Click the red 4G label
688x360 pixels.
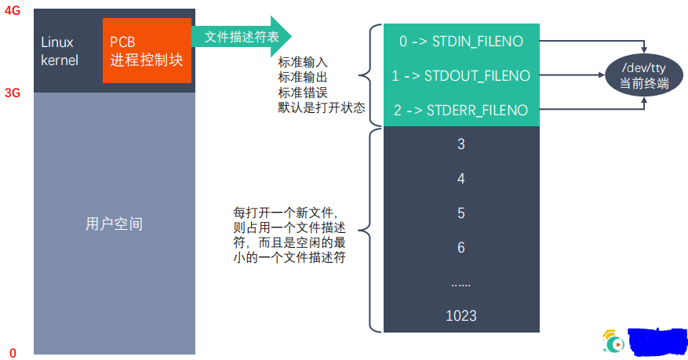(x=13, y=11)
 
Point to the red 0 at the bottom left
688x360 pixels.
(x=13, y=352)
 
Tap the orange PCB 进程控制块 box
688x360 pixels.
(x=147, y=51)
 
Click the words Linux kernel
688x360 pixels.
(x=60, y=50)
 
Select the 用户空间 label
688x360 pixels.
(x=114, y=224)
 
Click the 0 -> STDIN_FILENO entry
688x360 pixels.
(x=460, y=42)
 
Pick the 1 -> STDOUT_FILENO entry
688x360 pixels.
(x=460, y=76)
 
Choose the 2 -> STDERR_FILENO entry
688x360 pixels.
(x=460, y=110)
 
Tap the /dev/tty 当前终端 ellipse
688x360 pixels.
(x=639, y=76)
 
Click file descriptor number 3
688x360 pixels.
(x=460, y=144)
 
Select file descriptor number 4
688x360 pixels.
(x=460, y=179)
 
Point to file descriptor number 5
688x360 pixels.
(x=460, y=213)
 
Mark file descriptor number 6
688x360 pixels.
(x=460, y=248)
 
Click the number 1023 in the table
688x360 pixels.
(x=460, y=316)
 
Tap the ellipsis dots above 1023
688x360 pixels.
(x=460, y=282)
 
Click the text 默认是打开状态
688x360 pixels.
(x=322, y=107)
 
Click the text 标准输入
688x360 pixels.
(x=303, y=62)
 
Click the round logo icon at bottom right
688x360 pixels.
(x=613, y=341)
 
